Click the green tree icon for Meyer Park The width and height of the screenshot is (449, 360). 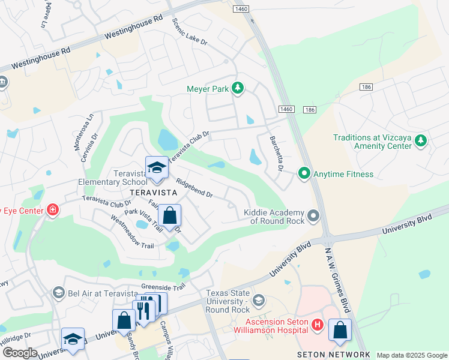coord(238,89)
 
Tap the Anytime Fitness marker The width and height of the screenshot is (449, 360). coord(304,174)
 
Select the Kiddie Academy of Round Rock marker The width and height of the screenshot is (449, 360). coord(312,215)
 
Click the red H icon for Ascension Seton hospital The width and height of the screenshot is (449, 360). coord(318,326)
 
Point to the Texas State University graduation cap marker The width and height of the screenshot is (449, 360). coord(259,299)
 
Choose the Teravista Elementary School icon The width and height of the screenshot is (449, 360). coord(157,168)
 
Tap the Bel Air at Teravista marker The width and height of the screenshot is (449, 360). coord(58,292)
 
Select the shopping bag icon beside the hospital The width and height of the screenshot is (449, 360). coord(340,330)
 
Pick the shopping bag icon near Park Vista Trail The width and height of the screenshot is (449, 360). coord(170,216)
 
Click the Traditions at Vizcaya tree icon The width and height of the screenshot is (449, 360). coord(421,141)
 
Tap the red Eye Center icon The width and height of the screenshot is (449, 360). coord(53,209)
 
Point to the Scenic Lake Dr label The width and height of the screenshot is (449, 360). coord(189,34)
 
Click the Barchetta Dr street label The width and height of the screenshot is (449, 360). coord(276,153)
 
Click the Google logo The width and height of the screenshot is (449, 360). coord(20,353)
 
